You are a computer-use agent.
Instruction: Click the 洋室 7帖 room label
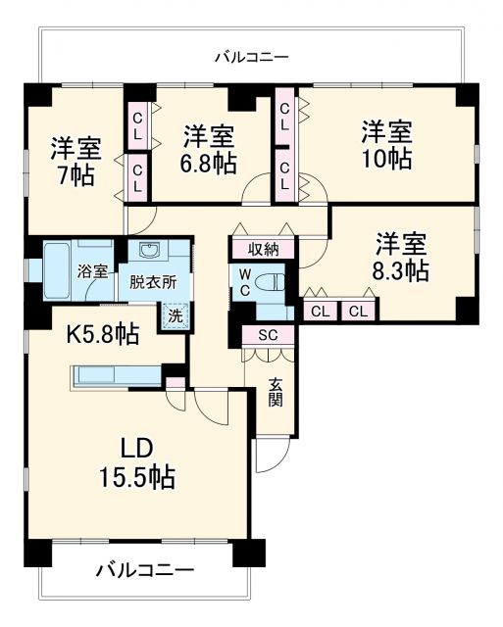[75, 162]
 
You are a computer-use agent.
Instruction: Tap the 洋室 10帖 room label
[385, 144]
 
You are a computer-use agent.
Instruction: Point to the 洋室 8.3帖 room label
[402, 257]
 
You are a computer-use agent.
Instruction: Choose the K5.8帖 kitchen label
[102, 334]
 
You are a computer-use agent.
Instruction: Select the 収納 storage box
[263, 249]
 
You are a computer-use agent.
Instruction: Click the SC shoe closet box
[268, 335]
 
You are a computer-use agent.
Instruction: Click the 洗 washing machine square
[174, 315]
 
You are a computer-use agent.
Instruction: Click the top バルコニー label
[252, 58]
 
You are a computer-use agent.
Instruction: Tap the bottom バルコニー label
[144, 570]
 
